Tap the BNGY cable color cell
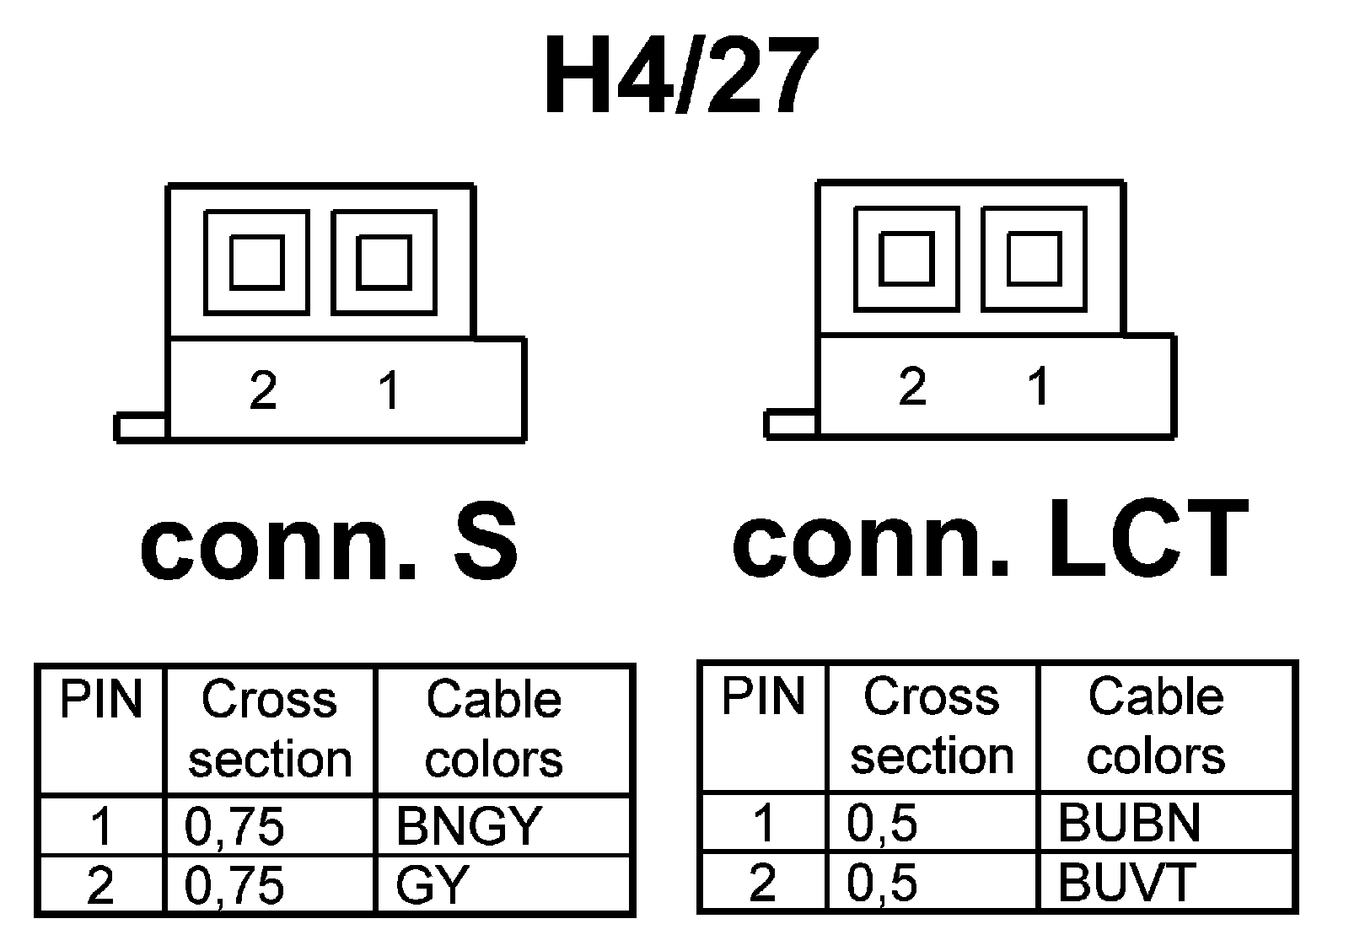pyautogui.click(x=467, y=825)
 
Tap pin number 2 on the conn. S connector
pyautogui.click(x=263, y=390)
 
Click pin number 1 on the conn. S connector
pyautogui.click(x=389, y=390)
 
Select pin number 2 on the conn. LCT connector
pyautogui.click(x=912, y=387)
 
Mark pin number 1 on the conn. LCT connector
pyautogui.click(x=1039, y=387)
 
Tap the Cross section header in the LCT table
pyautogui.click(x=932, y=727)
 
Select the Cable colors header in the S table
pyautogui.click(x=493, y=730)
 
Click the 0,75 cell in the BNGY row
pyautogui.click(x=234, y=825)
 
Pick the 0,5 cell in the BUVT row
pyautogui.click(x=882, y=882)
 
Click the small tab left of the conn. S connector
pyautogui.click(x=141, y=427)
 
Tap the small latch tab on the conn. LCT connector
pyautogui.click(x=791, y=424)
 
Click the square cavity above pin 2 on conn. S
pyautogui.click(x=256, y=262)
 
